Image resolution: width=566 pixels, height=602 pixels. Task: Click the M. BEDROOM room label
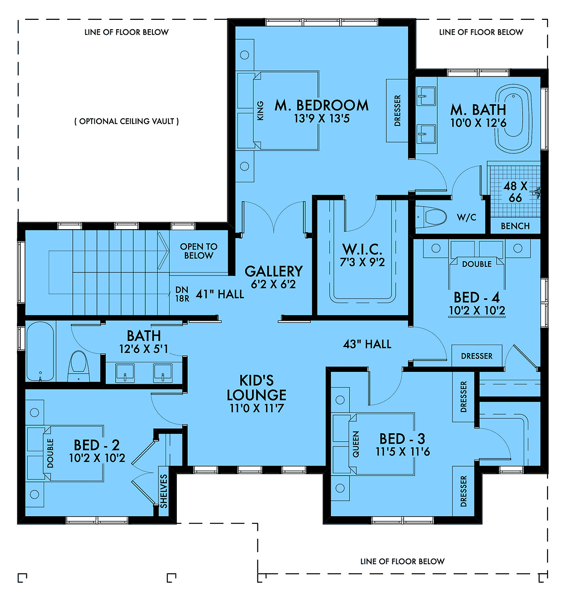point(322,106)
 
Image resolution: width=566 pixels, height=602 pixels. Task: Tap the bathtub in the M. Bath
point(514,118)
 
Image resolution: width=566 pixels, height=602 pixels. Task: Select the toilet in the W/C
point(431,217)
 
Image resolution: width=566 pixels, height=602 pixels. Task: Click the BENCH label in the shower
point(515,226)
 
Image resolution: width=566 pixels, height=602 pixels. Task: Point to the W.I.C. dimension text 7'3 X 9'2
point(362,262)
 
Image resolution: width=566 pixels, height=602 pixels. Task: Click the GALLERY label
point(274,271)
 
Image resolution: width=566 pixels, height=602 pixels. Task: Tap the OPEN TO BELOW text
point(199,251)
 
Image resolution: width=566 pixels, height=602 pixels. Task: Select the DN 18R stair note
point(182,294)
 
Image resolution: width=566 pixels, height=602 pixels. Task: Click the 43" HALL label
point(367,344)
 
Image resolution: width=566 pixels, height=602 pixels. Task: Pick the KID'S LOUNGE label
point(257,388)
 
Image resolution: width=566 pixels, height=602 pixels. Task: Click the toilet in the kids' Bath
point(79,366)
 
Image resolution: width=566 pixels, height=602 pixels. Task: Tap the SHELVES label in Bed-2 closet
point(164,491)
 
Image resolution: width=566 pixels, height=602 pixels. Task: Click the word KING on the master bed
point(260,111)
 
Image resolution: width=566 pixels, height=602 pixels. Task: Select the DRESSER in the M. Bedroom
point(397,111)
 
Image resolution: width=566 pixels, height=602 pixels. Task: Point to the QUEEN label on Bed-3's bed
point(356,444)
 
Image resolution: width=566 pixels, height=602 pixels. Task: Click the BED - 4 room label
point(477,297)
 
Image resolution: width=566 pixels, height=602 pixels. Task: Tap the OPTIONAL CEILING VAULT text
point(126,121)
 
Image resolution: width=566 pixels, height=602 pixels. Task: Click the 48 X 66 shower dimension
point(516,192)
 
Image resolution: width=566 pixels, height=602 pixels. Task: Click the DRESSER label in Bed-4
point(477,356)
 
